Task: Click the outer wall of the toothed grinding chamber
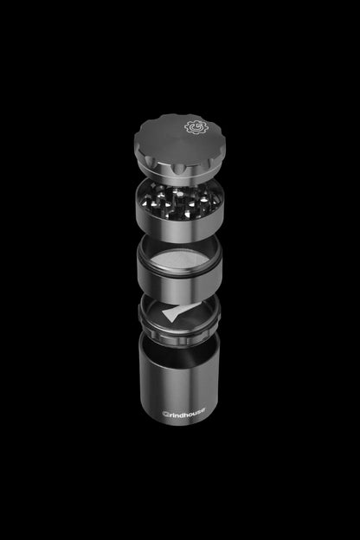(179, 223)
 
